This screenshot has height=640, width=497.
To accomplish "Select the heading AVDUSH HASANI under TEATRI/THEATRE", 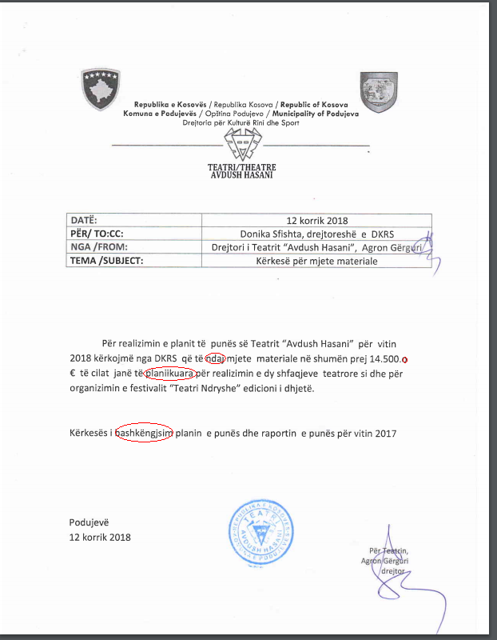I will pos(241,175).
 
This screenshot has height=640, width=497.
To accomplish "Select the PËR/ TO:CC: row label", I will pos(98,233).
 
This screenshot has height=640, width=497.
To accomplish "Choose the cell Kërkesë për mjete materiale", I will pos(316,261).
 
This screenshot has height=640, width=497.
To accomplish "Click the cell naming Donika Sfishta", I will pos(316,234).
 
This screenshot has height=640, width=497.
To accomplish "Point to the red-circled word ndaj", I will pos(216,358).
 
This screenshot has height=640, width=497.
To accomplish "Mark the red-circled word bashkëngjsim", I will pos(145,434).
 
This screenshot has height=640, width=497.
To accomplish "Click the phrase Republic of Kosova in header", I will pos(314,105).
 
